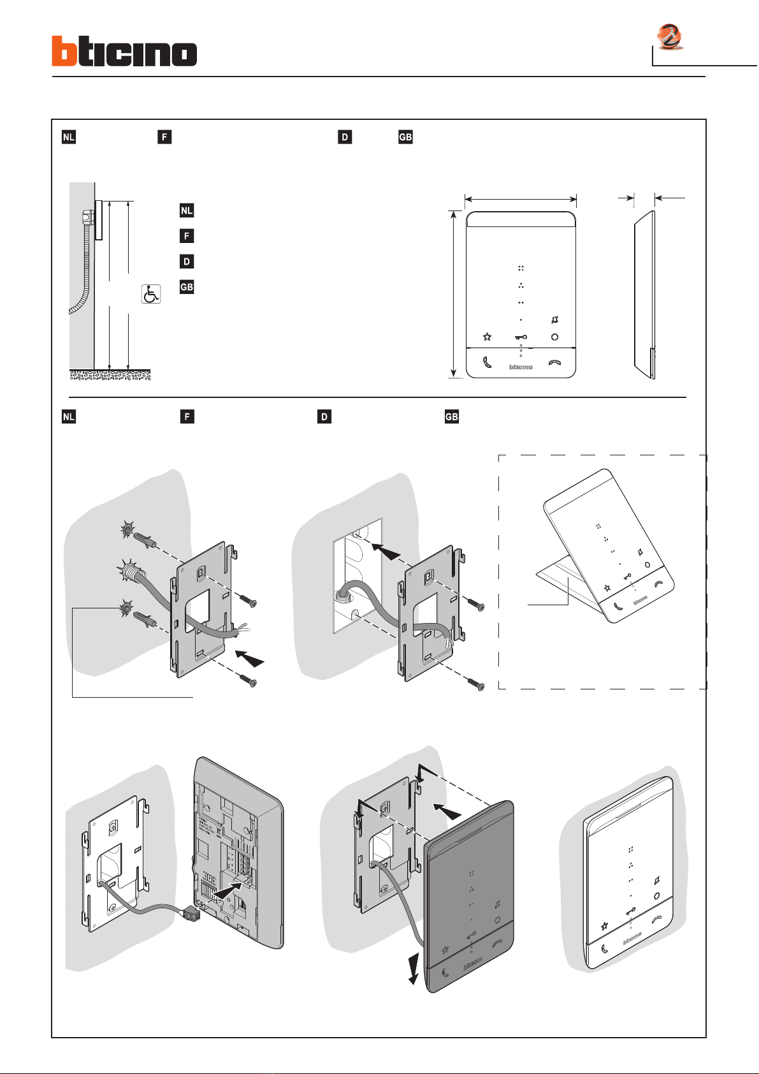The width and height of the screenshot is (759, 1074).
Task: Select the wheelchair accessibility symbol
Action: pos(151,294)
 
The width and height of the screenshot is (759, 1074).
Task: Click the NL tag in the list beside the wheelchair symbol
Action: pos(186,210)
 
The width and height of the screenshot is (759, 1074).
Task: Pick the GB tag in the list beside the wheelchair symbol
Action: pos(186,287)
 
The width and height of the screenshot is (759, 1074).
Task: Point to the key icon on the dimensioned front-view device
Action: pos(521,337)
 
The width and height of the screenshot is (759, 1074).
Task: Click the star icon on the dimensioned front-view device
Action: pos(488,337)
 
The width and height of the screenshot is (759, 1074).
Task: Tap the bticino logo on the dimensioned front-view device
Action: pos(521,367)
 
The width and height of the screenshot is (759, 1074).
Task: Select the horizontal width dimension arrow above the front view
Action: pos(521,200)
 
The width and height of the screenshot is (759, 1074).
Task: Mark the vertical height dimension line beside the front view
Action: pos(454,293)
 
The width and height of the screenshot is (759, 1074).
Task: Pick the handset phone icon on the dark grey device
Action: pos(446,973)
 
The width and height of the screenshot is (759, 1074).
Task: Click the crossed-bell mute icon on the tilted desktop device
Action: pos(640,552)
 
